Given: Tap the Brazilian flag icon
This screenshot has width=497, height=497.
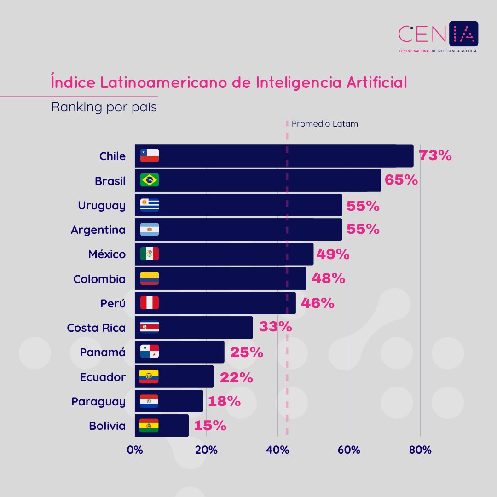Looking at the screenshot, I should [x=150, y=180].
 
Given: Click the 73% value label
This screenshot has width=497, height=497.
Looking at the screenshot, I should [x=435, y=156].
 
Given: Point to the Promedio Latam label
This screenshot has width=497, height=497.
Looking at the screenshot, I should [x=324, y=124].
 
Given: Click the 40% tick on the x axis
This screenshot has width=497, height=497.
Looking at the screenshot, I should [x=277, y=450].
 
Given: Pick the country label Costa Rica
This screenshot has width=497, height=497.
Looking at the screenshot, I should [x=96, y=328].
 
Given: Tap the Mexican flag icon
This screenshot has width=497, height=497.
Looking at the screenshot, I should [x=150, y=254].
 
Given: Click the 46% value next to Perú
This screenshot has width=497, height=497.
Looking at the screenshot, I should [x=318, y=303].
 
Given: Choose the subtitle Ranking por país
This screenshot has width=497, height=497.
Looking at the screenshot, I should [x=104, y=107].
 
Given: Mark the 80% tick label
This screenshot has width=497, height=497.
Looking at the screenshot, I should [x=420, y=450].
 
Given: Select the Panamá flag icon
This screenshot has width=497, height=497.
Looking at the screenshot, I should [x=150, y=352].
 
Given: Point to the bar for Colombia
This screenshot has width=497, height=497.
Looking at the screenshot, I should [x=220, y=279].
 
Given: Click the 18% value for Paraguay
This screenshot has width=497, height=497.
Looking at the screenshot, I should [x=224, y=401].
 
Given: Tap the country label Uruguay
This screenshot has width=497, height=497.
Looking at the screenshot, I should [x=102, y=205].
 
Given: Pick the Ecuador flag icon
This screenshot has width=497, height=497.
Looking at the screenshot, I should [x=149, y=377].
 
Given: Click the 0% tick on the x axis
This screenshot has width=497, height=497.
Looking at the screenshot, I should [x=135, y=450].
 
